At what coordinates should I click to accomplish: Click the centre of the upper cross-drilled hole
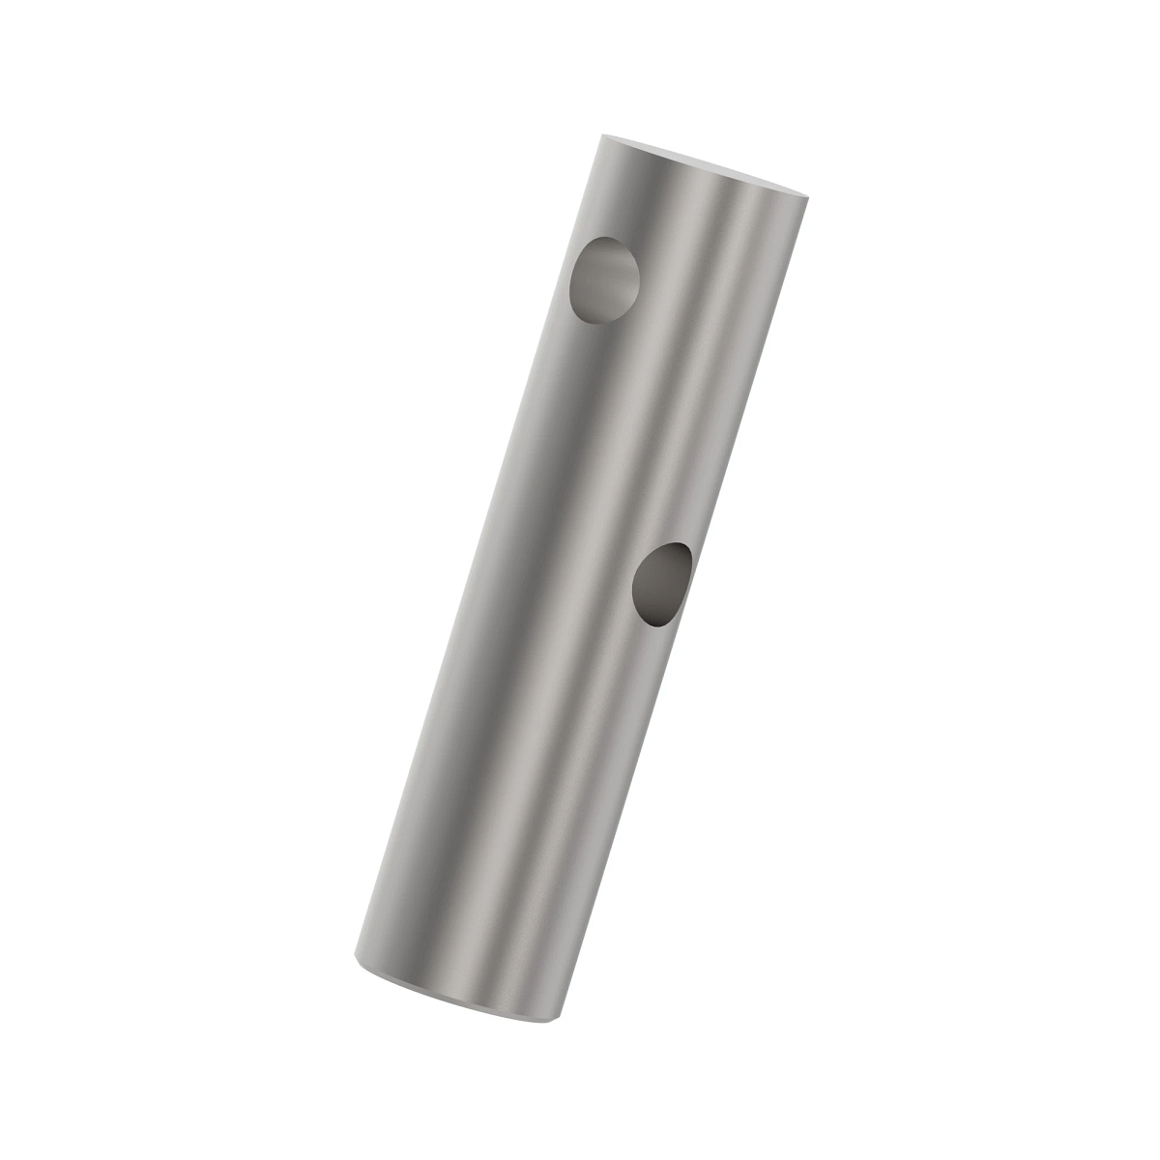coord(605,280)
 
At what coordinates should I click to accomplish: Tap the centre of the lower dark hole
coord(662,584)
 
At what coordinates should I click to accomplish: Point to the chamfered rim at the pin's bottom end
coord(454,996)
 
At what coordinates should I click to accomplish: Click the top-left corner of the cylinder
coord(601,135)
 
